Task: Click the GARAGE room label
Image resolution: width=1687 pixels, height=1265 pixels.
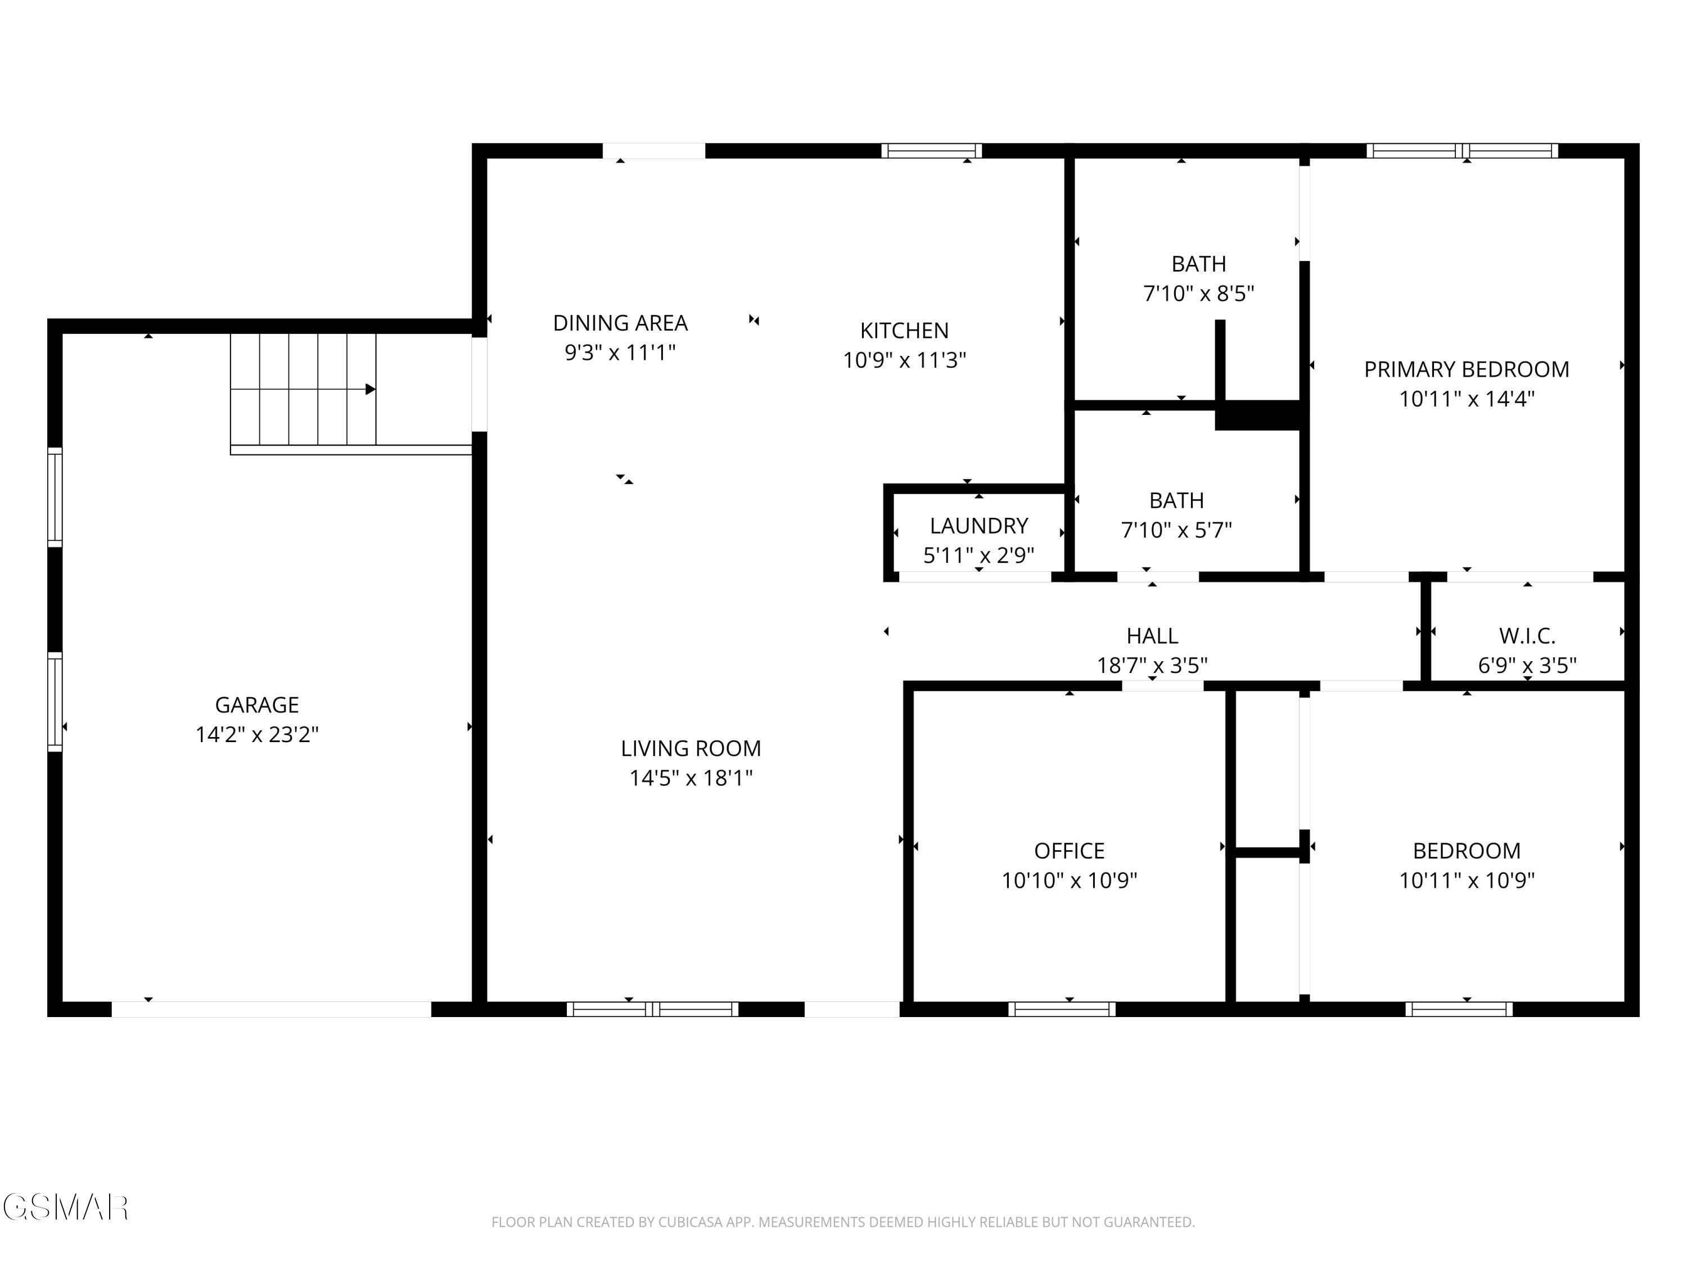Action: pos(256,704)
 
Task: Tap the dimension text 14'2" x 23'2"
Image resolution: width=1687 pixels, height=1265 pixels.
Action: pos(256,734)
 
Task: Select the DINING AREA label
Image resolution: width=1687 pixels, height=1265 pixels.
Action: pos(620,323)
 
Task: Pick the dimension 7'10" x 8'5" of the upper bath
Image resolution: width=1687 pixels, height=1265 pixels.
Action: pos(1198,293)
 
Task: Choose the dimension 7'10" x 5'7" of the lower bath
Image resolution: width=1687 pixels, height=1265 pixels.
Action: pos(1176,530)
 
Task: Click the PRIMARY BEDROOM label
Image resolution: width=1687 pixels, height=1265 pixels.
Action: pos(1466,370)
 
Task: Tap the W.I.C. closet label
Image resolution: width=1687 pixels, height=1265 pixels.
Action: pos(1526,635)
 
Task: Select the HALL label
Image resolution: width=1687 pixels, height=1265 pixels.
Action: pos(1152,635)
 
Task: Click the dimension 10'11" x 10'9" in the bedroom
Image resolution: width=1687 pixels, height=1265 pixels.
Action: pos(1466,880)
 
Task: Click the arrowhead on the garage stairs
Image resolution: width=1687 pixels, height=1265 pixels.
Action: pos(371,389)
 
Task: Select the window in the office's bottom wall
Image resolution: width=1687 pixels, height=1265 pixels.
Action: pos(1061,1009)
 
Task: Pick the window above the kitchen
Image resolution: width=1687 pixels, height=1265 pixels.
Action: pos(931,150)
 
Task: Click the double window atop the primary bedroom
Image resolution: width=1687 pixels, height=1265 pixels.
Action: pos(1462,150)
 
